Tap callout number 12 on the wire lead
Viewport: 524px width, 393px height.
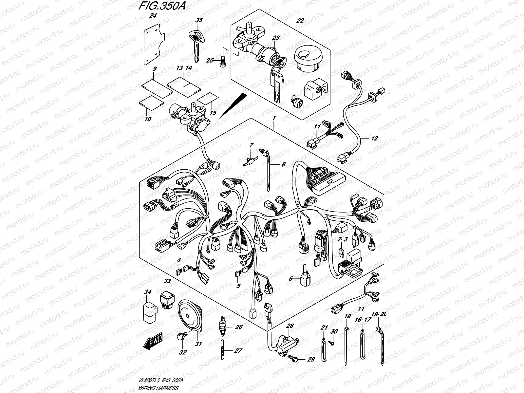[374, 139]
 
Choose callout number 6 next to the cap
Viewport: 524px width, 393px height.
[290, 279]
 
